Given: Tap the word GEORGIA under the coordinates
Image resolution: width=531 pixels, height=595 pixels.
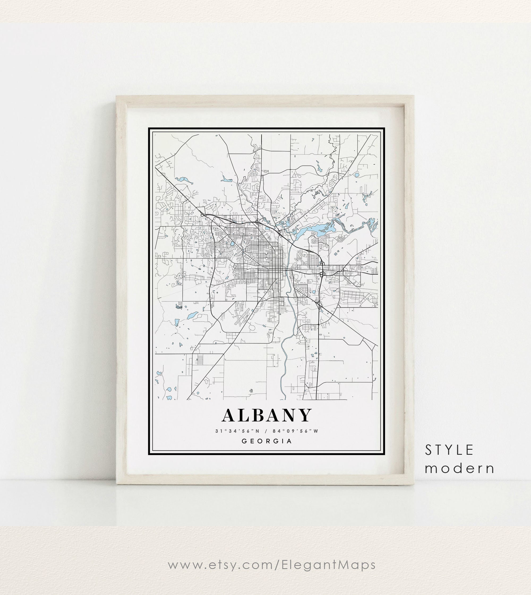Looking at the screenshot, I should (x=267, y=441).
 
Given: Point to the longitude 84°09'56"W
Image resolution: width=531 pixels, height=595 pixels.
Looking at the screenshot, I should (x=295, y=431).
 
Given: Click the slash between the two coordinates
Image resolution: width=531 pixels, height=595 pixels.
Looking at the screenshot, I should (x=266, y=431).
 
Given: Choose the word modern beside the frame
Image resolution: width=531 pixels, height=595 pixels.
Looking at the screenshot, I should (x=460, y=469).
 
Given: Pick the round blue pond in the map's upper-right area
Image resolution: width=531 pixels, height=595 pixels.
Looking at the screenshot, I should (x=357, y=175).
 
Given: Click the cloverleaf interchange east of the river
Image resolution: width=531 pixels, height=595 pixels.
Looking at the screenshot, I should (x=322, y=274).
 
